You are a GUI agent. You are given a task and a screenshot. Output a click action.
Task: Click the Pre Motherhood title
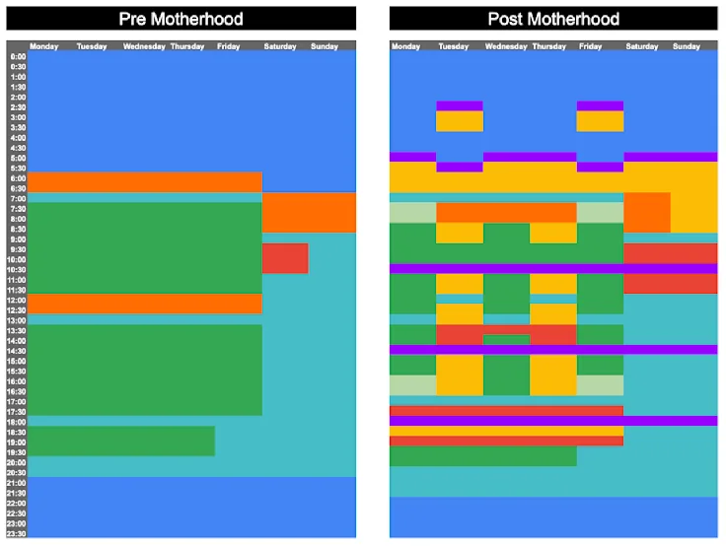coord(181,19)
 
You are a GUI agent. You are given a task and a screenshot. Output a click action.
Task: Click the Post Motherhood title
coord(553,19)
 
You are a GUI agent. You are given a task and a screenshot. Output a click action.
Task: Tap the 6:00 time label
coord(18,178)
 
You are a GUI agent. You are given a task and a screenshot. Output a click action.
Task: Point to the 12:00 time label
coord(18,300)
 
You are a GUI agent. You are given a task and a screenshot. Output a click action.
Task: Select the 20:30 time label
coord(18,473)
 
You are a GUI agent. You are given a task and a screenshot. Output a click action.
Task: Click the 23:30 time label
coord(18,534)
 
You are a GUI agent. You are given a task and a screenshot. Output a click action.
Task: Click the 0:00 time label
coord(18,56)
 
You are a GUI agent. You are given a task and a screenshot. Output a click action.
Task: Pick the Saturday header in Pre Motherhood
coord(280,46)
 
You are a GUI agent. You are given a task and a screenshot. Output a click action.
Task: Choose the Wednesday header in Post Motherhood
coord(506,46)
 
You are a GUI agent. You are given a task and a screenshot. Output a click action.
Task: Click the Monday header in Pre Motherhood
coord(44,46)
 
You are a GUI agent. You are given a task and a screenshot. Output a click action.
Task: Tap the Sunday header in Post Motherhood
coord(687,46)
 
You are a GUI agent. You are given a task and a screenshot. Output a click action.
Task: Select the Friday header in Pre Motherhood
coord(228,46)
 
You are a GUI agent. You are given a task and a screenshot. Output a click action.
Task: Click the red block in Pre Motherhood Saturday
coord(285,258)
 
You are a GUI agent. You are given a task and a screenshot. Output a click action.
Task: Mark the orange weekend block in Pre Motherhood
coord(309,212)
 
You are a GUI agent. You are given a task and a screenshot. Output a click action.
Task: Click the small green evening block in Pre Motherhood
coord(121,441)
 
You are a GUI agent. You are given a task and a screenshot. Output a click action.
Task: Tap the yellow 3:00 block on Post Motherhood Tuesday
coord(460,121)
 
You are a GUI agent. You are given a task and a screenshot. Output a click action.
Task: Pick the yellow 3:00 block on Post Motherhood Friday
coord(600,121)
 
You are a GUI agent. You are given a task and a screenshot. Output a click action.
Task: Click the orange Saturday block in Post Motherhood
coord(646,212)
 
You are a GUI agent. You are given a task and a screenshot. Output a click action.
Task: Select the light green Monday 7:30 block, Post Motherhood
coord(412,212)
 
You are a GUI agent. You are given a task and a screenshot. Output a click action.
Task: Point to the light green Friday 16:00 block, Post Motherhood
coord(600,385)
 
